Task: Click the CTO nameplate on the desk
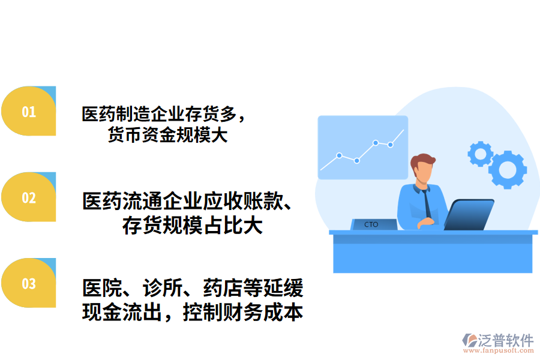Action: coord(372,224)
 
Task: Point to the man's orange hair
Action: coord(423,160)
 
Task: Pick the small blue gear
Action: coord(479,154)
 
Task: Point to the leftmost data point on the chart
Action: coord(339,155)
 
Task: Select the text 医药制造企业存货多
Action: coord(161,113)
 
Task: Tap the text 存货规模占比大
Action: coord(192,226)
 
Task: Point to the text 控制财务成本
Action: coord(242,313)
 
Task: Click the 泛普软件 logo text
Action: coord(506,341)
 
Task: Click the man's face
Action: coord(424,173)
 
